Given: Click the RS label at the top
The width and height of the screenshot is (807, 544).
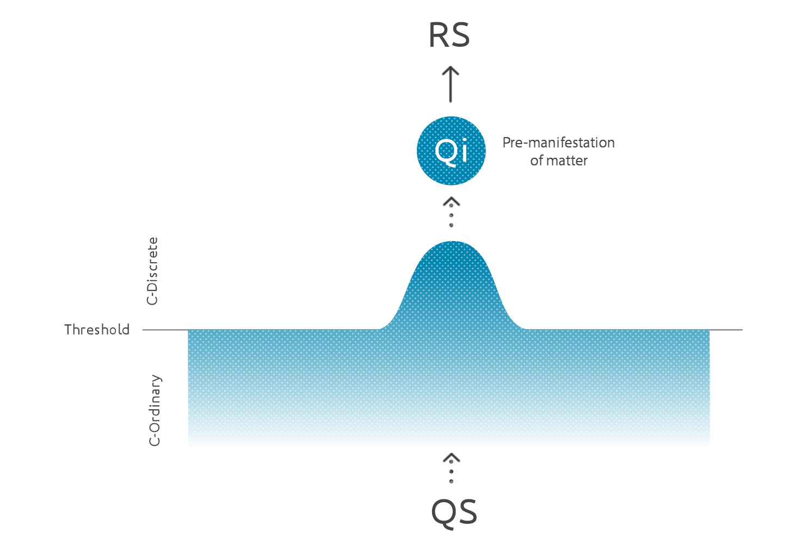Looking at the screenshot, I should pyautogui.click(x=449, y=35).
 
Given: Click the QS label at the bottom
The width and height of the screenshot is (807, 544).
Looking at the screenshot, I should pyautogui.click(x=454, y=512).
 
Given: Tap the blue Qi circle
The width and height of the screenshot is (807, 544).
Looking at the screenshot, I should pyautogui.click(x=451, y=151).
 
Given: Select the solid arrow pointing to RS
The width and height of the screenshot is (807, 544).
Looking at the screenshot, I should pyautogui.click(x=451, y=84).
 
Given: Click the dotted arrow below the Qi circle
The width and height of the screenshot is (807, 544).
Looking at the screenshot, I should pyautogui.click(x=451, y=213).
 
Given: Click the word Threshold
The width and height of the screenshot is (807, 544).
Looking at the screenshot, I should pyautogui.click(x=97, y=330).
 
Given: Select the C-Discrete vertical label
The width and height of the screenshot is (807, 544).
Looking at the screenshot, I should pyautogui.click(x=153, y=271).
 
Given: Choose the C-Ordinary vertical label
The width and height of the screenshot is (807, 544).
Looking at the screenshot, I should pyautogui.click(x=155, y=410).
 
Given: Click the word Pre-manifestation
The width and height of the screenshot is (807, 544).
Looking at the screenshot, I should pyautogui.click(x=558, y=143).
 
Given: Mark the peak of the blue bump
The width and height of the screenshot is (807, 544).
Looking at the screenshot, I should pyautogui.click(x=452, y=243).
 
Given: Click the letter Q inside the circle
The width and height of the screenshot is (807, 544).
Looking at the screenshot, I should pyautogui.click(x=444, y=150).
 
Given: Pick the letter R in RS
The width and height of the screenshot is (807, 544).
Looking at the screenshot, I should pyautogui.click(x=439, y=35).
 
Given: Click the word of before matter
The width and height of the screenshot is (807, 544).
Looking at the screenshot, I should pyautogui.click(x=537, y=160).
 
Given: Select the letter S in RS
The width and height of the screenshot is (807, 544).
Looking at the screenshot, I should pyautogui.click(x=460, y=35).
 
